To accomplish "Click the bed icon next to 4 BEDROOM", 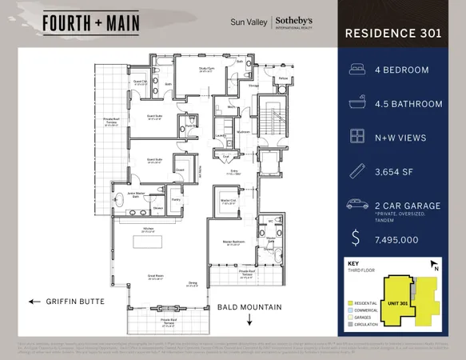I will (x=356, y=70).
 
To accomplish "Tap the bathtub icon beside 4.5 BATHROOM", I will (x=356, y=103).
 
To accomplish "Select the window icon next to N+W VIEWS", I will (x=356, y=137).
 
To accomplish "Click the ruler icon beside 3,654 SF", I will (x=356, y=170).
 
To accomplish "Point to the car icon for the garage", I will (x=356, y=205).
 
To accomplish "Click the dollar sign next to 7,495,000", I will (x=356, y=237).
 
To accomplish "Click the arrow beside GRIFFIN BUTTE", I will (x=34, y=302).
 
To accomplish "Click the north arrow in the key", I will (x=434, y=266).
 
